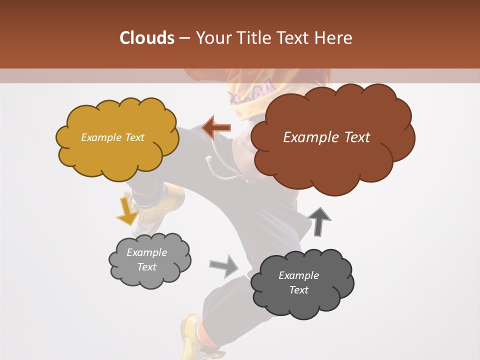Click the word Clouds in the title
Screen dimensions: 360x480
coord(147,38)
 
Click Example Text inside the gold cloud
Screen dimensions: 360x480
coord(112,137)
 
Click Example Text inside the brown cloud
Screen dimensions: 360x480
coord(326,137)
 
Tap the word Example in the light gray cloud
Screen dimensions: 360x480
coord(146,252)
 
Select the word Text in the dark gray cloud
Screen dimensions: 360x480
coord(298,290)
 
